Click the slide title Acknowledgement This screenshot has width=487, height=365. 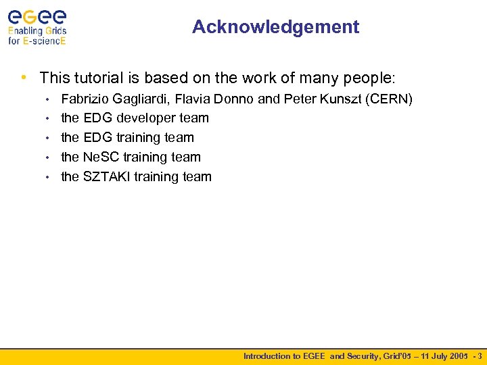click(275, 27)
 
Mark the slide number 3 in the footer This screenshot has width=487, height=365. click(480, 356)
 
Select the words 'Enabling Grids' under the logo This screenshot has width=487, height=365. click(37, 30)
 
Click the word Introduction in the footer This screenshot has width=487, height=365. click(267, 356)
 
